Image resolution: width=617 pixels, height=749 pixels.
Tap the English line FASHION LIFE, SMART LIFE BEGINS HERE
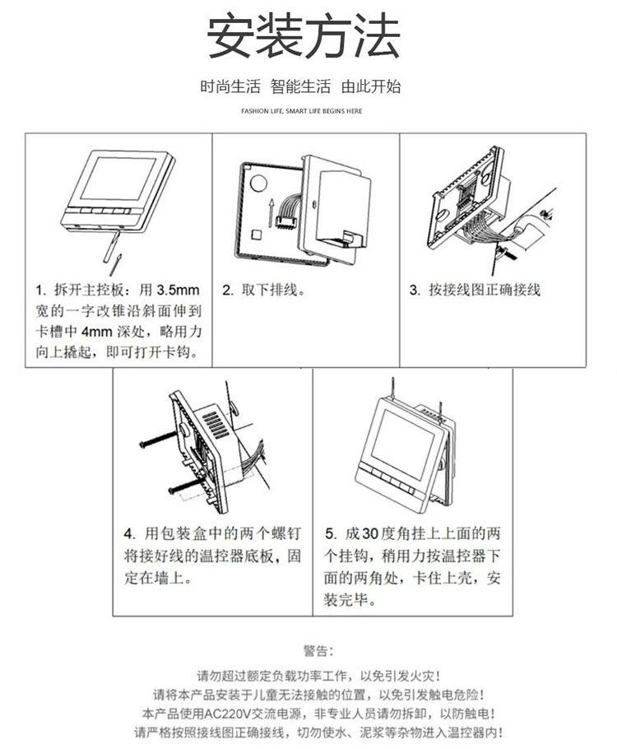point(301,111)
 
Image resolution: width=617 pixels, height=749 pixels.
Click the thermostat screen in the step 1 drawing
point(117,178)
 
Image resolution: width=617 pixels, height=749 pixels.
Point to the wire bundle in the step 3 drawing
point(482,230)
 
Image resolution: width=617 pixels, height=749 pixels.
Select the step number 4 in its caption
point(128,533)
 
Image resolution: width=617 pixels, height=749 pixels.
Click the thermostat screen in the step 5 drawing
point(401,444)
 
